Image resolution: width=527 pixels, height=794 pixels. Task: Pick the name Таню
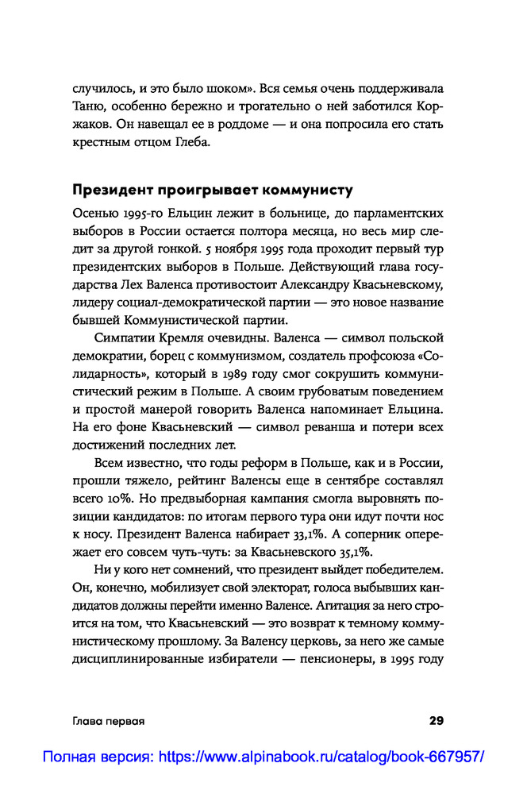(87, 106)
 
